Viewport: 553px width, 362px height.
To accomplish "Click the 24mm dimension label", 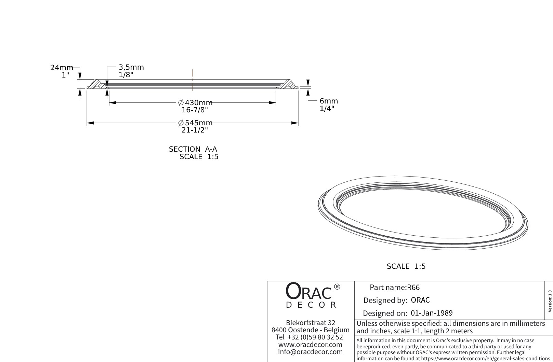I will pyautogui.click(x=62, y=68).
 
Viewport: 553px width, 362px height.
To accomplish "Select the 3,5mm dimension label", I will pyautogui.click(x=131, y=67).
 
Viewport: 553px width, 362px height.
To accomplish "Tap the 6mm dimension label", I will pyautogui.click(x=328, y=101).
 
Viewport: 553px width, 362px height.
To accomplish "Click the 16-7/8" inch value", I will pyautogui.click(x=195, y=110).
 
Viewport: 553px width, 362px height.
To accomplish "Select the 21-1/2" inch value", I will pyautogui.click(x=195, y=130).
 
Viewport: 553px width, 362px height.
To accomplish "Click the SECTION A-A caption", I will pyautogui.click(x=193, y=149).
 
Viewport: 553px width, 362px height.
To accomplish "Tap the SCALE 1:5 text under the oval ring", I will pyautogui.click(x=406, y=266).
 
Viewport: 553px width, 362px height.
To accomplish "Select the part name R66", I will pyautogui.click(x=413, y=288).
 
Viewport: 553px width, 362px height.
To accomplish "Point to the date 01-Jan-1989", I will pyautogui.click(x=432, y=313).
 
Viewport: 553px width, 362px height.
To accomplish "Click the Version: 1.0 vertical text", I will pyautogui.click(x=550, y=301).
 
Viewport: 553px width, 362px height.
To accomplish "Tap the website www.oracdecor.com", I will pyautogui.click(x=310, y=345).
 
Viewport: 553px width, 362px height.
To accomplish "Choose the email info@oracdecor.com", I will pyautogui.click(x=310, y=352).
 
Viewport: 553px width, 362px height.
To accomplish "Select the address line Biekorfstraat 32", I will pyautogui.click(x=310, y=323).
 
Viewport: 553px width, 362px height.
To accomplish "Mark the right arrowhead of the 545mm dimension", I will pyautogui.click(x=295, y=123).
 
